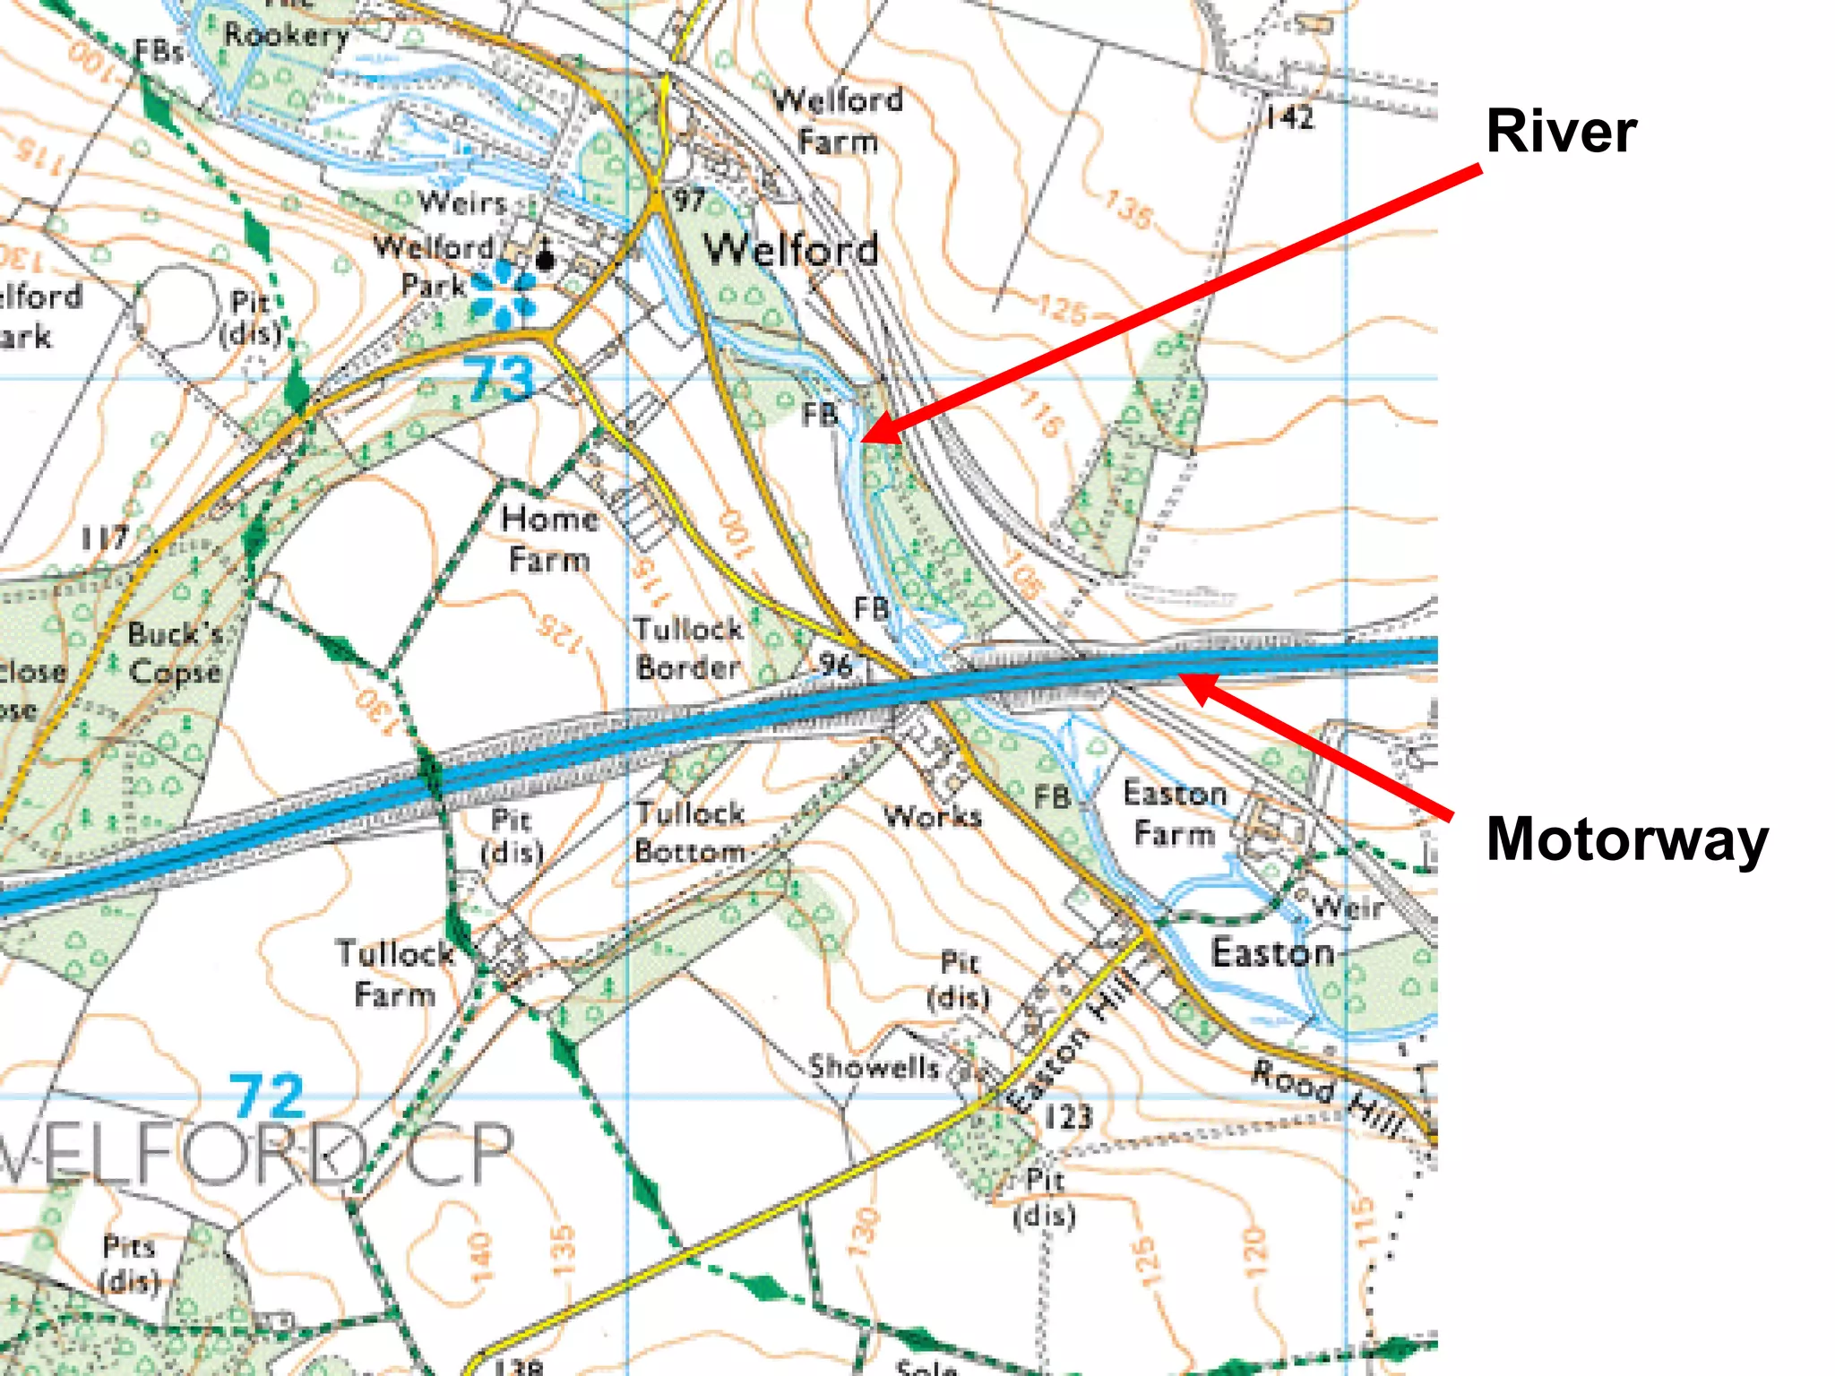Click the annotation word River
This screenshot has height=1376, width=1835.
(x=1560, y=132)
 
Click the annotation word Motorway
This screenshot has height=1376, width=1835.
(x=1626, y=839)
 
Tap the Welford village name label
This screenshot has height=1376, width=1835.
(x=790, y=249)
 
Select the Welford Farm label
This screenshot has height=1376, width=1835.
(x=838, y=120)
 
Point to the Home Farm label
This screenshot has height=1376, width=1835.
(x=549, y=538)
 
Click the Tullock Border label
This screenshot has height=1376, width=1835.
(x=689, y=648)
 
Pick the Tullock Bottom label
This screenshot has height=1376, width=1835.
(x=690, y=832)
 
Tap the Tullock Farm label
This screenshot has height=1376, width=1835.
(x=394, y=974)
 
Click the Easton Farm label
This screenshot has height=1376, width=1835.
(x=1174, y=813)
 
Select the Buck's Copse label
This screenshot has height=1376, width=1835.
(x=175, y=652)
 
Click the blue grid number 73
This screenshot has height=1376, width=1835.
(x=500, y=380)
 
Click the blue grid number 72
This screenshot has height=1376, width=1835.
(x=266, y=1096)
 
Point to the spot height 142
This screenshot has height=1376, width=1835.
(x=1289, y=117)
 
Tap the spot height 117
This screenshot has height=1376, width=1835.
(x=105, y=538)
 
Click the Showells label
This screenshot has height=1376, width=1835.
(x=874, y=1066)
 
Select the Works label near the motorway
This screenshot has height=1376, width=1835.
(x=932, y=815)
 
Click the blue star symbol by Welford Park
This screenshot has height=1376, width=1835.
(x=503, y=294)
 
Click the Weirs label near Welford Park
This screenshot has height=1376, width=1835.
(x=462, y=202)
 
